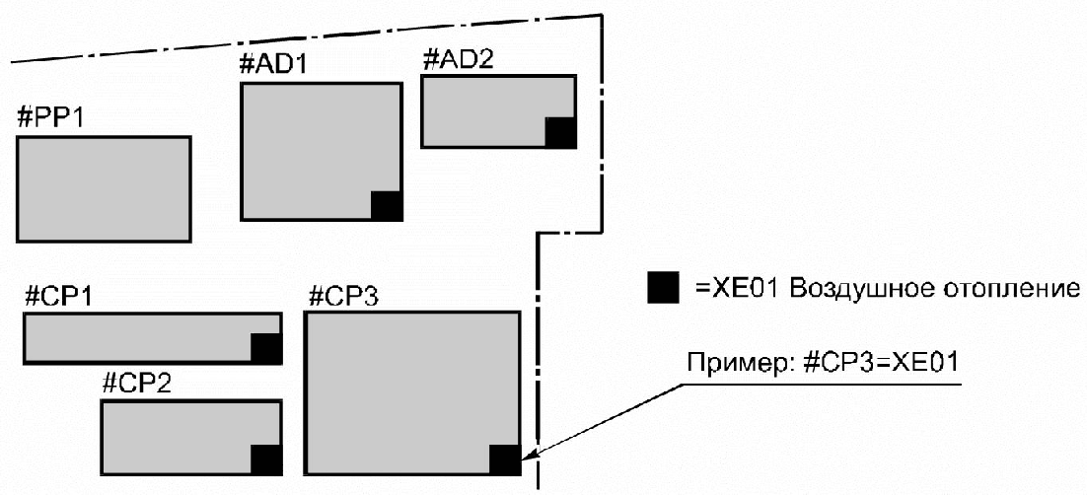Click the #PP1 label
coord(51,118)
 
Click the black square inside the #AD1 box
coord(387,205)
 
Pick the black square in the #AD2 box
coord(560,131)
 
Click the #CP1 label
coord(58,296)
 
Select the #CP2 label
coord(137,383)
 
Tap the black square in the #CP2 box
coord(266,460)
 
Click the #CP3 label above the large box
coord(341,296)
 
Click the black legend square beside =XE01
coord(663,288)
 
